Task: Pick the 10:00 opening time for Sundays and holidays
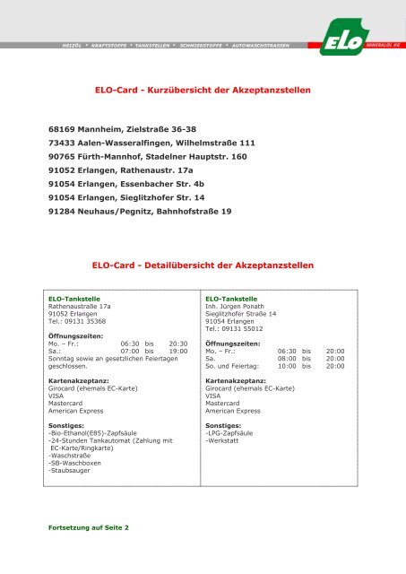[288, 367]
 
